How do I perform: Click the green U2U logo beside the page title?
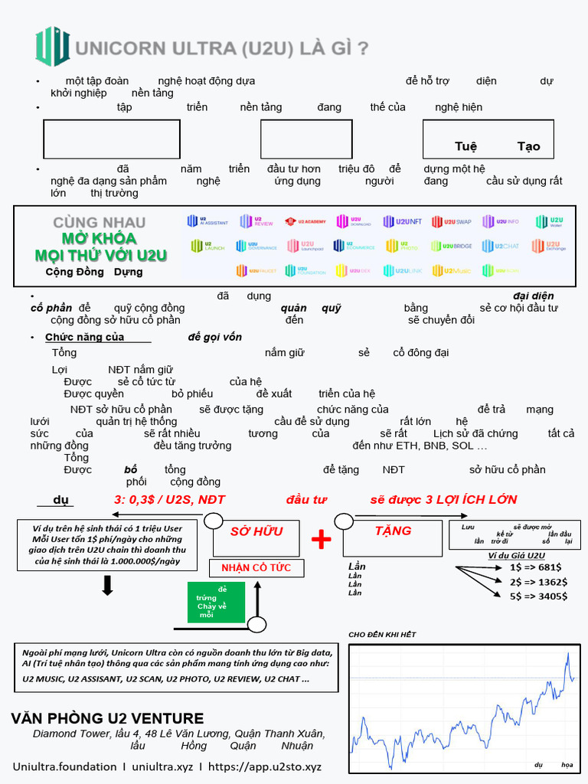click(x=52, y=47)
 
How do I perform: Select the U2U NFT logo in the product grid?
click(x=403, y=221)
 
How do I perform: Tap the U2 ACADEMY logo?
click(x=305, y=221)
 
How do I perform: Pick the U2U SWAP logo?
click(x=452, y=221)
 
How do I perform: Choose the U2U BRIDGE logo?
click(x=452, y=246)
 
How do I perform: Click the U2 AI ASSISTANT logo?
click(x=207, y=221)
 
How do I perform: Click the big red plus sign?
click(x=322, y=540)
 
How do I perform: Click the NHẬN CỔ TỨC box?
click(x=256, y=567)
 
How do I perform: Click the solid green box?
click(x=216, y=602)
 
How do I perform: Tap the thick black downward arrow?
click(x=108, y=586)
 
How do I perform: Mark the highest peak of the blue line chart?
click(x=567, y=652)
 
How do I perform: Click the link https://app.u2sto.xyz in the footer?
click(x=265, y=766)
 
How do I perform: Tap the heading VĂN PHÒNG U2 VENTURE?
click(x=107, y=718)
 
